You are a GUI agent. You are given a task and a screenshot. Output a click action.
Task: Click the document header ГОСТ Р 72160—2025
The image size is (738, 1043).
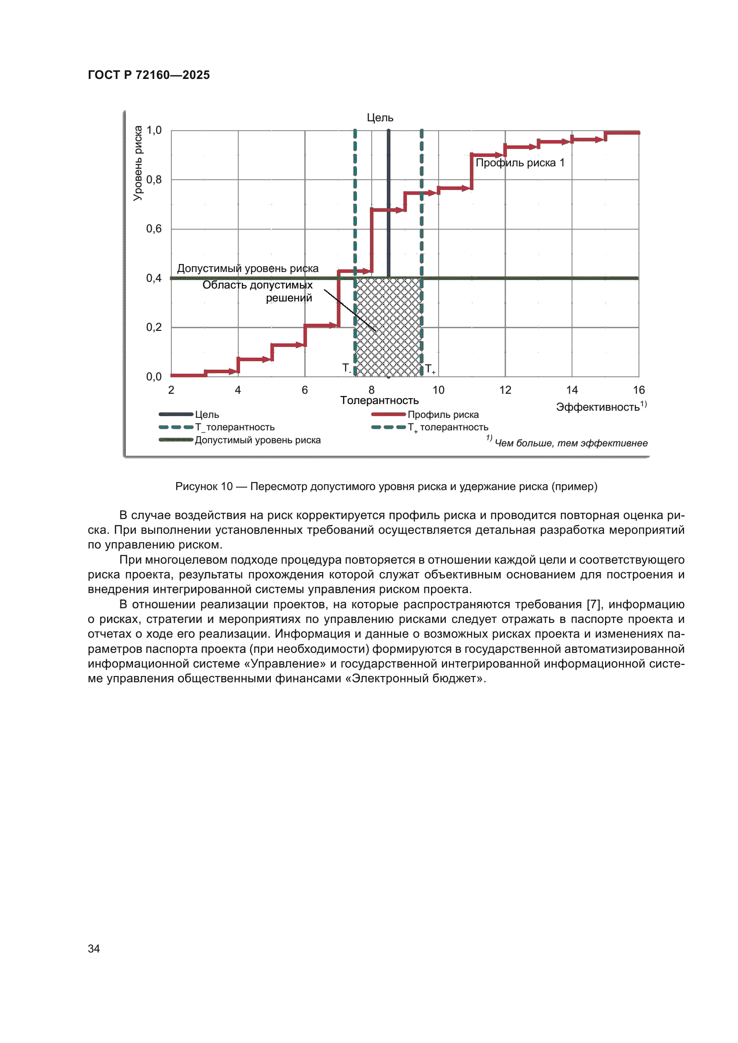[149, 75]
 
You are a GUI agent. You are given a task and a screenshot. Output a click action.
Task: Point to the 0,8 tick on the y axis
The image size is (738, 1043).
[153, 180]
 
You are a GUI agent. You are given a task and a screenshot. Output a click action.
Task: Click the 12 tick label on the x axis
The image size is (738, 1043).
[505, 390]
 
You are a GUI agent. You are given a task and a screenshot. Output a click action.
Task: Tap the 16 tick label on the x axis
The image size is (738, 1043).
[638, 390]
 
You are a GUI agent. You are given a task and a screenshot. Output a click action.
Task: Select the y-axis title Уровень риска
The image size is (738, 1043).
[138, 164]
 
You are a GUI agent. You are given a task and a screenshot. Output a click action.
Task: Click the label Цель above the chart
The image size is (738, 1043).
[380, 118]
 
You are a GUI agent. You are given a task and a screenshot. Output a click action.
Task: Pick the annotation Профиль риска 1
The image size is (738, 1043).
[520, 163]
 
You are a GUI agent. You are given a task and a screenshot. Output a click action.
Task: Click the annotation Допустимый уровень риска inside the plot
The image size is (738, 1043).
[248, 268]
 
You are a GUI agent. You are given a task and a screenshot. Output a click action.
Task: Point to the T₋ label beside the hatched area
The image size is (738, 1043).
[346, 368]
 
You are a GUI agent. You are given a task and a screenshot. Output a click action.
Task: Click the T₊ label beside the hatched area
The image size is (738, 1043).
[429, 369]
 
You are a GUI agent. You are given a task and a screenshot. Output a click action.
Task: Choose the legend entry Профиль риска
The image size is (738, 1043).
[443, 415]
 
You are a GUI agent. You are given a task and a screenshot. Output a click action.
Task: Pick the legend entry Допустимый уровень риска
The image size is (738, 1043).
[257, 440]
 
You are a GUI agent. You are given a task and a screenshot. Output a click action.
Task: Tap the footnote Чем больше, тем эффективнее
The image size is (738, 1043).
[571, 443]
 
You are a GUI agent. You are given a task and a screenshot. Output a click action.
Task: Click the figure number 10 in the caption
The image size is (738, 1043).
[226, 486]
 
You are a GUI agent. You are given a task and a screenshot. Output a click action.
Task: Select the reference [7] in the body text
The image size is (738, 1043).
[593, 605]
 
